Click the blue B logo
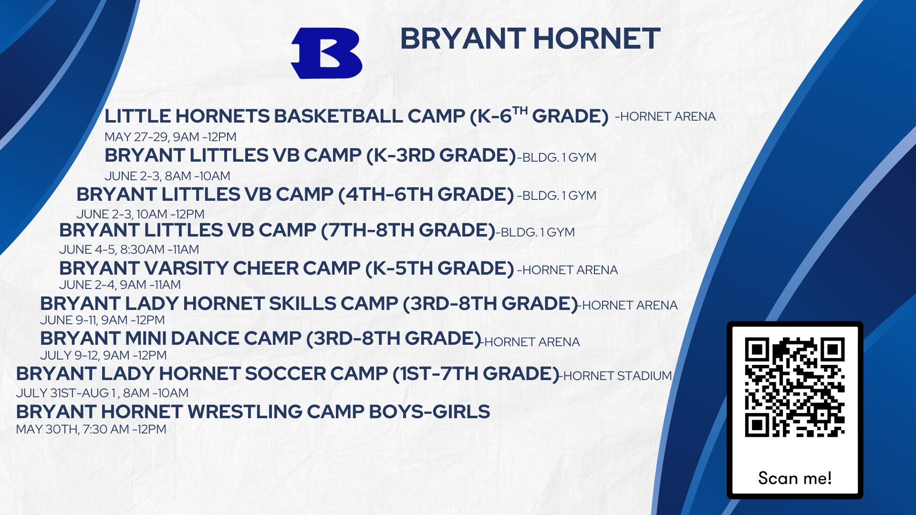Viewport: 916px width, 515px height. tap(327, 53)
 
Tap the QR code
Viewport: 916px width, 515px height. tap(795, 387)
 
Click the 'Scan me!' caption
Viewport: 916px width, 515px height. tap(795, 478)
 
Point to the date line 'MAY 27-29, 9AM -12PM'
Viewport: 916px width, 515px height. tap(170, 137)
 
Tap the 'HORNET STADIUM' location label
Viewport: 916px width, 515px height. tap(617, 376)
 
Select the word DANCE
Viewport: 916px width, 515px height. tap(205, 338)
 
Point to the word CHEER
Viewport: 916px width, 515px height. tap(265, 268)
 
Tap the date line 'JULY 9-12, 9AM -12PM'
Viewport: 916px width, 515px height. tap(104, 355)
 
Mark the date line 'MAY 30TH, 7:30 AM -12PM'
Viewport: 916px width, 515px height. tap(91, 429)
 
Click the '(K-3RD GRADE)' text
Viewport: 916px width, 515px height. tap(441, 155)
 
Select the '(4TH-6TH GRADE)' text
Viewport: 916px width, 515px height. tap(426, 195)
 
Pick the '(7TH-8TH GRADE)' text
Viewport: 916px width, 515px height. tap(408, 230)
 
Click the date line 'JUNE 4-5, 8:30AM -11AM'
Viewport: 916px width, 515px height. tap(129, 249)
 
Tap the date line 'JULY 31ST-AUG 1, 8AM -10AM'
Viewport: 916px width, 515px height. tap(102, 393)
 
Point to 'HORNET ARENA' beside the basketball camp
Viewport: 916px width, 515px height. tap(668, 116)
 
